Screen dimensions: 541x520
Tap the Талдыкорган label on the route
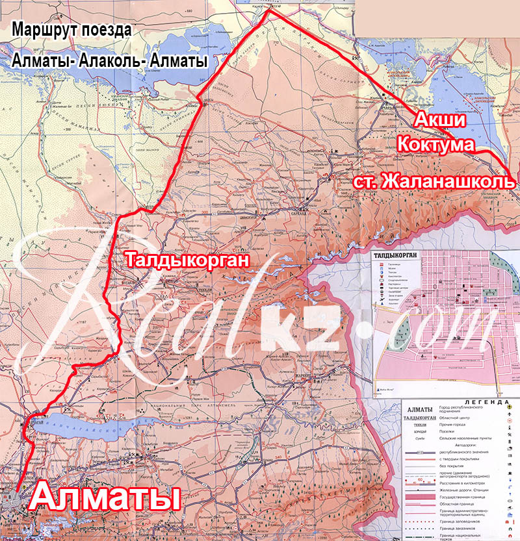188,261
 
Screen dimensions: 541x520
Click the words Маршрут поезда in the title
71,30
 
